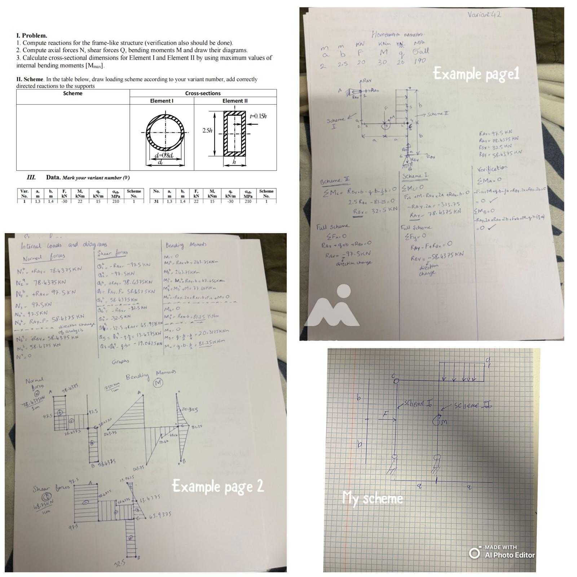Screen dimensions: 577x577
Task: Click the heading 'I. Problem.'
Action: pos(32,35)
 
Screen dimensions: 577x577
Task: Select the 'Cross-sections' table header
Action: pos(203,93)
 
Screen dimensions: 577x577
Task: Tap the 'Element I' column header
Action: pos(162,101)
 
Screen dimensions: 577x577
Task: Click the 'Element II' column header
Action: pos(235,101)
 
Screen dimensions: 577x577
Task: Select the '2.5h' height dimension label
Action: pos(207,131)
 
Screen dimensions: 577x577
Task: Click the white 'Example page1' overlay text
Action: pos(476,74)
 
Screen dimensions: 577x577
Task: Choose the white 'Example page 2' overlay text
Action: pos(218,486)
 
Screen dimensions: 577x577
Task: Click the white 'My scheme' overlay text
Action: pos(373,498)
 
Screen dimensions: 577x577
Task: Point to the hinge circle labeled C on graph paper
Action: pos(396,380)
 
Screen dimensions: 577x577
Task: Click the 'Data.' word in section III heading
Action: pos(53,177)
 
